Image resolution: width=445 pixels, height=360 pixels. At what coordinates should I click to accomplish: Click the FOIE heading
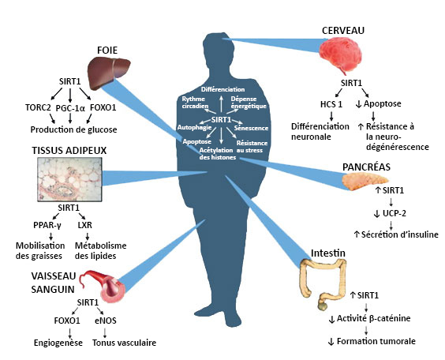[x=107, y=51]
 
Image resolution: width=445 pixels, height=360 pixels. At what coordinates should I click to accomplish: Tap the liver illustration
[x=109, y=72]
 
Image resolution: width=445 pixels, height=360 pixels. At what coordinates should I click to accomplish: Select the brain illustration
[x=341, y=54]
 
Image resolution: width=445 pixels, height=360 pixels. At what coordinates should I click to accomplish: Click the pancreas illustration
[x=365, y=181]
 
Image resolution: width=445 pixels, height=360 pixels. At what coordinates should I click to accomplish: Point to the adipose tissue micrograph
[x=69, y=179]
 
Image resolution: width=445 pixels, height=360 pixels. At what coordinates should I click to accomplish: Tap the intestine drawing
[x=323, y=284]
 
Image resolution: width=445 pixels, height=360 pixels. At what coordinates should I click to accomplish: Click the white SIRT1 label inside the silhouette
[x=221, y=120]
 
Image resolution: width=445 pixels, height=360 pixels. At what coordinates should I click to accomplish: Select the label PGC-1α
[x=70, y=108]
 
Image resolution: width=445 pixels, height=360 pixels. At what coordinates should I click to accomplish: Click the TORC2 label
[x=38, y=107]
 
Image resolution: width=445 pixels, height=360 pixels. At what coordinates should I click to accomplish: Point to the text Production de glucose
[x=74, y=129]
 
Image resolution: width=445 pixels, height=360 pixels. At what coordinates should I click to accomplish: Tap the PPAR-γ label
[x=47, y=225]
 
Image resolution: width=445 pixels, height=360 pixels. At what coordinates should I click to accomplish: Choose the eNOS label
[x=106, y=321]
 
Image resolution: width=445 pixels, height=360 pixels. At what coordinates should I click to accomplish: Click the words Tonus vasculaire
[x=125, y=343]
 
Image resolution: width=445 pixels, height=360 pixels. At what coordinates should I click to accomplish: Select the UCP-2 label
[x=395, y=213]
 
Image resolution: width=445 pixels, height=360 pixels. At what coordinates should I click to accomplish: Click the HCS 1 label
[x=331, y=104]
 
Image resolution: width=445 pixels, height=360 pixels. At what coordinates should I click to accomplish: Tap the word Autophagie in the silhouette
[x=194, y=128]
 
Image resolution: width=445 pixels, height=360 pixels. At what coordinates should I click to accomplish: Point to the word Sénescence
[x=251, y=128]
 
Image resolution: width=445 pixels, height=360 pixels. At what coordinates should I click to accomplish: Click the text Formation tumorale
[x=376, y=341]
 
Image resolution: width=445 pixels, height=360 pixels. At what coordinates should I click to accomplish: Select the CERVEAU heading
[x=343, y=31]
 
